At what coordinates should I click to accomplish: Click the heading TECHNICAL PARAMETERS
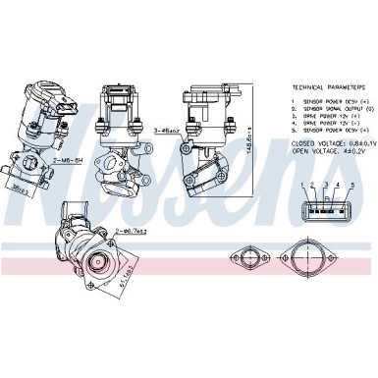point(320,86)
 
